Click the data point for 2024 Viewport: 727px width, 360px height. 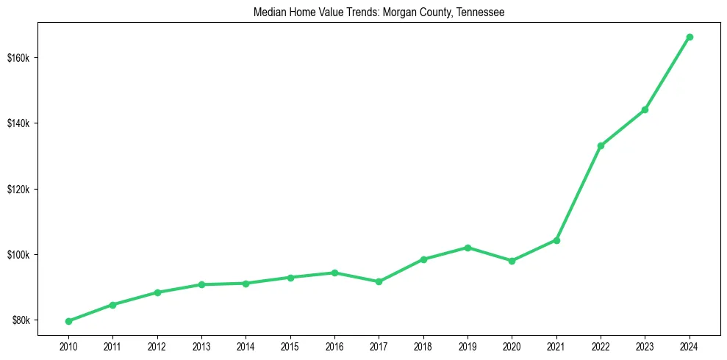[690, 37]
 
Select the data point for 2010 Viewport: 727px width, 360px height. [68, 321]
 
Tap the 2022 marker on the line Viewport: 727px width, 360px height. [601, 145]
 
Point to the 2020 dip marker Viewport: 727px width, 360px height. [512, 261]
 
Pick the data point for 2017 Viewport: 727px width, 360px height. [379, 281]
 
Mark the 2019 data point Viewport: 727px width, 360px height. [468, 248]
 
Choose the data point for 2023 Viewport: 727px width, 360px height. [645, 109]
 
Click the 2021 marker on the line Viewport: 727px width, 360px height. [556, 240]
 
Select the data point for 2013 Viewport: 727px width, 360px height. [201, 284]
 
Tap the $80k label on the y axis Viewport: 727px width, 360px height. [21, 320]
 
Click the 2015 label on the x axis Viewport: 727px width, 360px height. [290, 346]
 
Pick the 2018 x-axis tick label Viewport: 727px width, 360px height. [423, 346]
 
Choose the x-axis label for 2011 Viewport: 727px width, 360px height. [112, 346]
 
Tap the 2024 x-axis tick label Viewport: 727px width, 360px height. [690, 346]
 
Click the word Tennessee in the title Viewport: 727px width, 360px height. [481, 12]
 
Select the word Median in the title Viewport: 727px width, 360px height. [268, 12]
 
